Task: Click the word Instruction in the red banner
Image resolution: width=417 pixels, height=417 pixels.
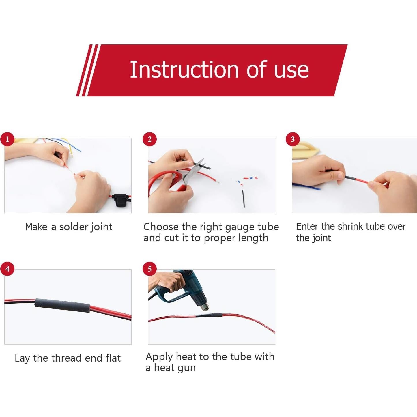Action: click(x=184, y=70)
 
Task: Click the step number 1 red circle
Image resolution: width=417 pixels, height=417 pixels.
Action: click(x=7, y=139)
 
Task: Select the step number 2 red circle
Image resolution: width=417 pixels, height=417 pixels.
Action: click(x=149, y=139)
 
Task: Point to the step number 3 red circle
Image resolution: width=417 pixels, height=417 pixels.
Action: click(x=293, y=139)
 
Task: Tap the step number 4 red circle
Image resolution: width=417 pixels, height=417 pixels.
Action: click(x=7, y=269)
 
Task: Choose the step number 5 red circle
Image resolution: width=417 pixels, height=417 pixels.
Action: click(x=149, y=269)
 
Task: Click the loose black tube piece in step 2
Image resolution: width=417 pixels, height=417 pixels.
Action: click(x=244, y=199)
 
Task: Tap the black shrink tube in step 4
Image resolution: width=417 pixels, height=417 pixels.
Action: click(x=62, y=305)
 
